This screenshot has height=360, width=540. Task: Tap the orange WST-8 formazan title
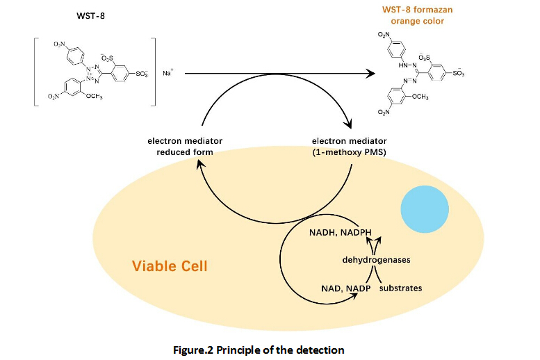point(415,9)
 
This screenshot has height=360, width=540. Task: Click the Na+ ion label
point(167,72)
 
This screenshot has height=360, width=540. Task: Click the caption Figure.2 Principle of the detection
point(259,350)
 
